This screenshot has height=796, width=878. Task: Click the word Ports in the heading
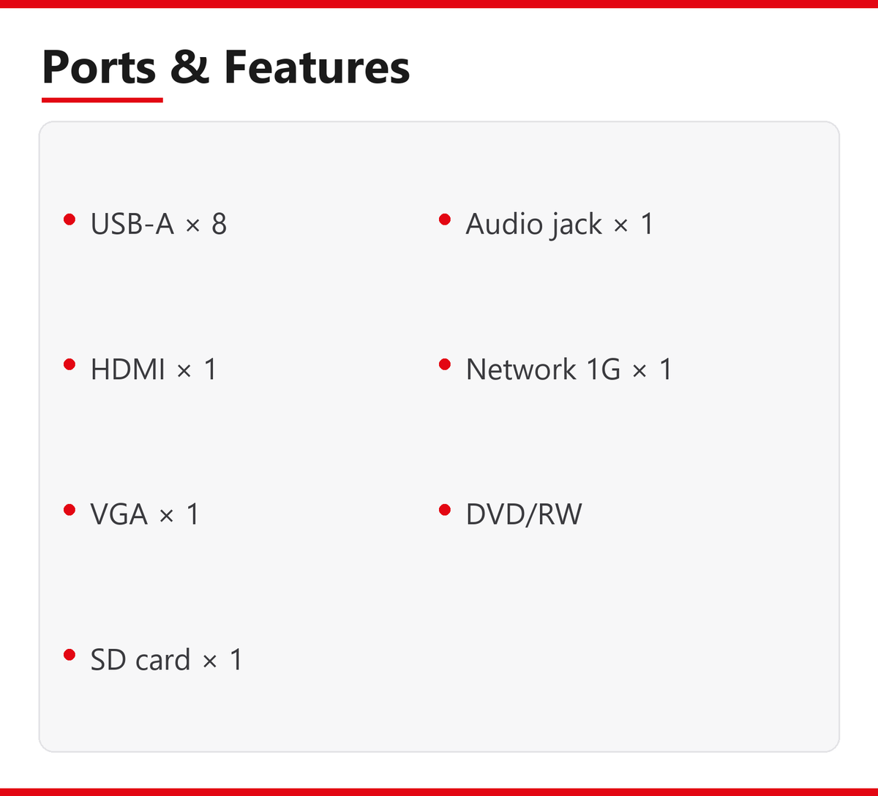click(x=99, y=67)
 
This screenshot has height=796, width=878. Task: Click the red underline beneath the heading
click(x=102, y=100)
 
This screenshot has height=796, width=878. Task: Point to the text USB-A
click(x=132, y=224)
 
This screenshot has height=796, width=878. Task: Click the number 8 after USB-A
click(x=219, y=224)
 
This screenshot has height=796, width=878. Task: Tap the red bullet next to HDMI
click(x=70, y=364)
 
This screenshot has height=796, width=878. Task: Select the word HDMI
click(x=128, y=369)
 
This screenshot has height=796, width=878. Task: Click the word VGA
click(x=119, y=514)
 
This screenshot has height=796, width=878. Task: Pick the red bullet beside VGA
click(x=70, y=510)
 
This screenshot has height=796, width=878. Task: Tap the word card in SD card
click(x=163, y=659)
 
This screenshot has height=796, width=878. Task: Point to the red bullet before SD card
click(x=70, y=655)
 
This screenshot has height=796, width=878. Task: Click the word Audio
click(x=505, y=224)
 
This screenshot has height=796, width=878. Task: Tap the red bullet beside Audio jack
click(x=445, y=219)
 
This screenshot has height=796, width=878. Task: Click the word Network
click(x=521, y=369)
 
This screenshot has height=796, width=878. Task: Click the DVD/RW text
click(x=524, y=514)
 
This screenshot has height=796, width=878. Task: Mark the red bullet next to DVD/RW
click(x=445, y=510)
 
